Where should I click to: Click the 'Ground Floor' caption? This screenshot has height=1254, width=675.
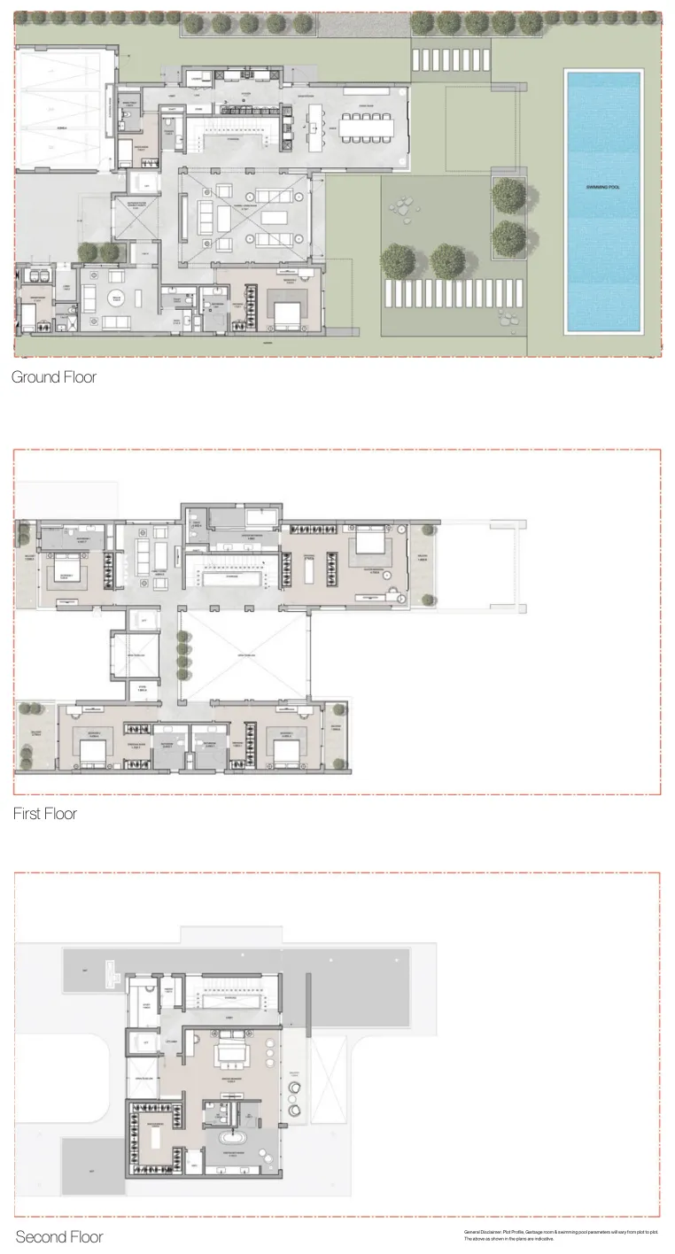click(x=53, y=377)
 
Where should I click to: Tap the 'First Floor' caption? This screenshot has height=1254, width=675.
click(x=44, y=814)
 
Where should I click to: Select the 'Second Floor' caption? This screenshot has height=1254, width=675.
click(x=58, y=1237)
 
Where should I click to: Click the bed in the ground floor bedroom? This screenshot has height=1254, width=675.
click(x=285, y=312)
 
